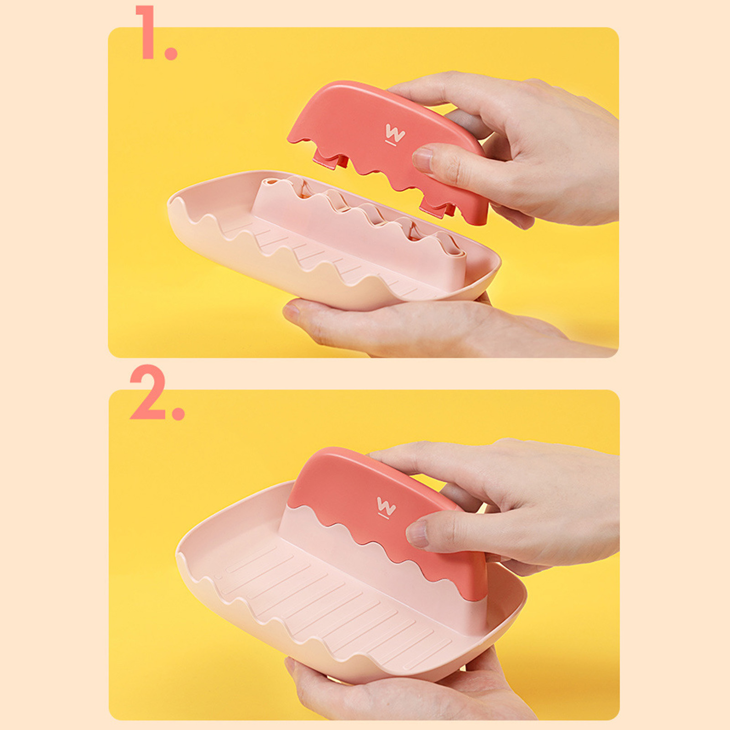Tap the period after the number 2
coord(178,413)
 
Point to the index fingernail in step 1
coord(423,160)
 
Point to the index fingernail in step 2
coord(417,534)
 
